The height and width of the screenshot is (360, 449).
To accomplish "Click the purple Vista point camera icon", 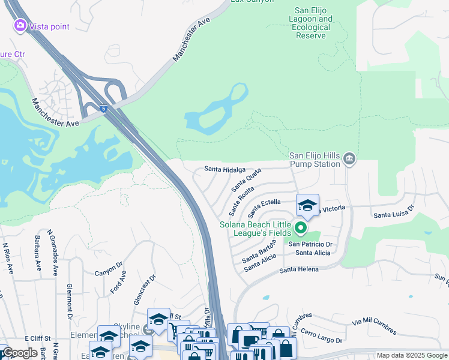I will pos(20,26).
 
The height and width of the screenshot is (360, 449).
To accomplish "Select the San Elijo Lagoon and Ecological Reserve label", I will pos(313,23).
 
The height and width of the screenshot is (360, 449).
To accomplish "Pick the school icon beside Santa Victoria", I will pos(307,206).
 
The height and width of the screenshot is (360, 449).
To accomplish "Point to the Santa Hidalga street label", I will pos(224,170).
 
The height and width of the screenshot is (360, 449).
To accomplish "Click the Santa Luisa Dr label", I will pos(394,213).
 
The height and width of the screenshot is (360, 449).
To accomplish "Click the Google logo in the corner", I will pos(20,353).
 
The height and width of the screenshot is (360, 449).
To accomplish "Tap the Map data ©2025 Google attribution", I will pos(412,355).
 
